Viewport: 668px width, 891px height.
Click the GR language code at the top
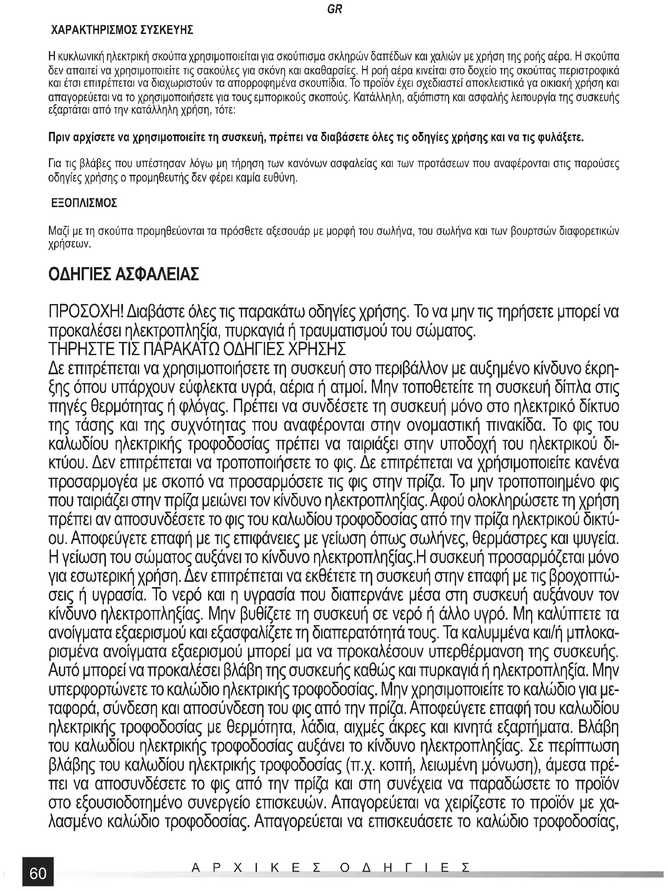click(x=335, y=9)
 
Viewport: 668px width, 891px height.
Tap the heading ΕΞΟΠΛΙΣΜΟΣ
click(x=84, y=203)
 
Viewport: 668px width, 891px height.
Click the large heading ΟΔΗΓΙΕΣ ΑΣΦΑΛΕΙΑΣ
click(x=124, y=275)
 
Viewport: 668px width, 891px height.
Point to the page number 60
click(x=38, y=873)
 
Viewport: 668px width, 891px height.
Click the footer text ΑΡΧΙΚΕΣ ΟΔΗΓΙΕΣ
click(x=331, y=867)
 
